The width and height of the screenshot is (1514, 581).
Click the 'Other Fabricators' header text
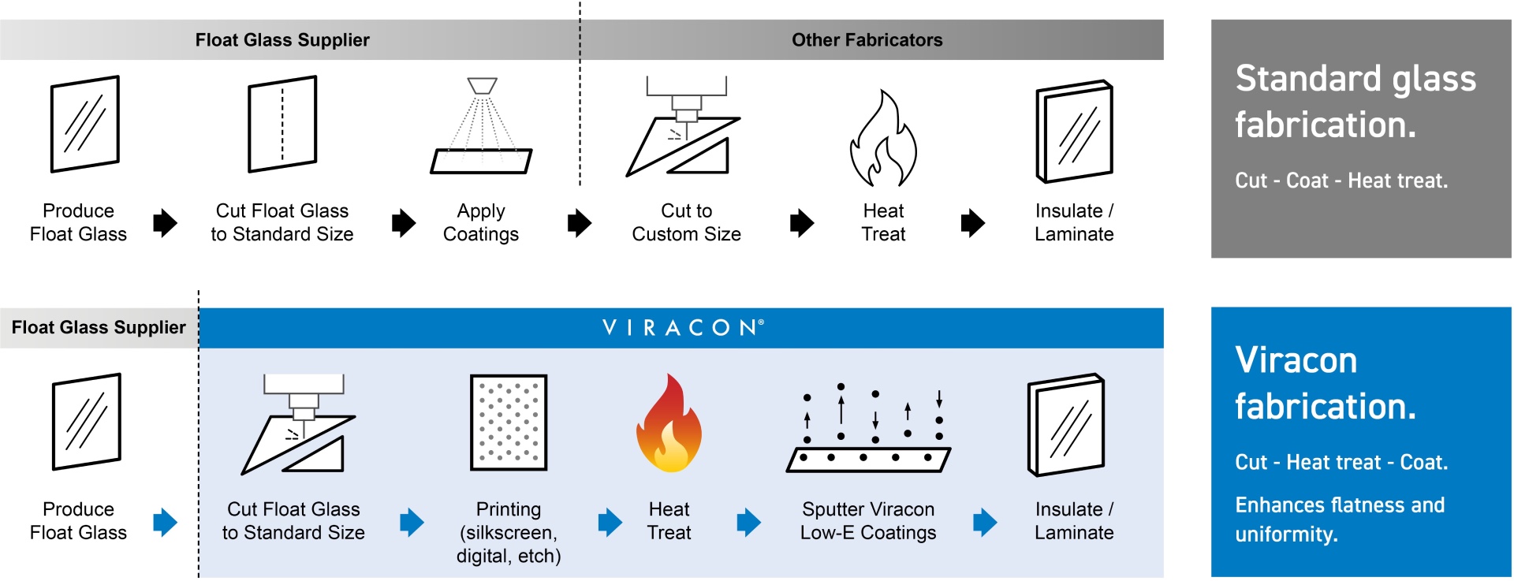867,40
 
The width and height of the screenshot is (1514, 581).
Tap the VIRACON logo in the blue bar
683,328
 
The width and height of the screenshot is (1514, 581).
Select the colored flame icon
669,424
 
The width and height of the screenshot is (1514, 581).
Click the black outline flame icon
883,140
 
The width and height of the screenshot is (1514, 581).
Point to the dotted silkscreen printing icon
509,423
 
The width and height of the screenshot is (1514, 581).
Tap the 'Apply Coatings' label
481,222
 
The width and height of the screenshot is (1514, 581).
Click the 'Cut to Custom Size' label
686,222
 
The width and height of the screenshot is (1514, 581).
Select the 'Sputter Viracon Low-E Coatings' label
868,521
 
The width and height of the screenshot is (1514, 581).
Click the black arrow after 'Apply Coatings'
579,223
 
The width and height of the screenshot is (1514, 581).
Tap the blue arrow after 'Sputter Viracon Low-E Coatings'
985,522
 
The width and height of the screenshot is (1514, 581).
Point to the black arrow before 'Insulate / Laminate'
973,223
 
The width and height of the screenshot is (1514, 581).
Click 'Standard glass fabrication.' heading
1355,102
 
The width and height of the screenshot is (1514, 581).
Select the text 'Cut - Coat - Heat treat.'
1341,181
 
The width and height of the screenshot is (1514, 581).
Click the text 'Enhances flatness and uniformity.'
1340,520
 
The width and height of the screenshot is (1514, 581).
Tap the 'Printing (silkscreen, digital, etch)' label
509,533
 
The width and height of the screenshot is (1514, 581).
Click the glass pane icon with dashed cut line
282,124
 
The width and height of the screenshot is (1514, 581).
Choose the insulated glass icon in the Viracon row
1066,425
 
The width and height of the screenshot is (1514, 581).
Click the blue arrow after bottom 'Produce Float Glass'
165,522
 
